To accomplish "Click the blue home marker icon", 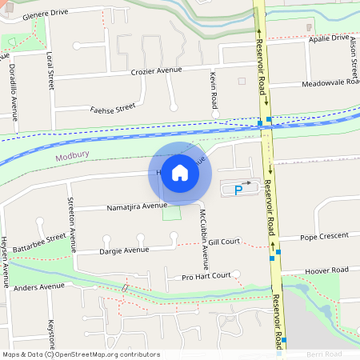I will click(180, 173).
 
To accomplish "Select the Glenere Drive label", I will click(47, 14).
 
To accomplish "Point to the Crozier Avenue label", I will click(157, 71).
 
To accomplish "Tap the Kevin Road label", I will click(214, 90).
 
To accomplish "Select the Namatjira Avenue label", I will click(137, 206).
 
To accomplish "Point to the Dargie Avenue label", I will click(124, 250).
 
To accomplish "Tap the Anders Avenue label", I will click(38, 286).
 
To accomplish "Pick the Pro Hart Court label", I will click(206, 276).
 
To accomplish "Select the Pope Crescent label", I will click(324, 236).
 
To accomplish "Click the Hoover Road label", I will click(329, 270).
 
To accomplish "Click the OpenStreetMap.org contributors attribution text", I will click(108, 354).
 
